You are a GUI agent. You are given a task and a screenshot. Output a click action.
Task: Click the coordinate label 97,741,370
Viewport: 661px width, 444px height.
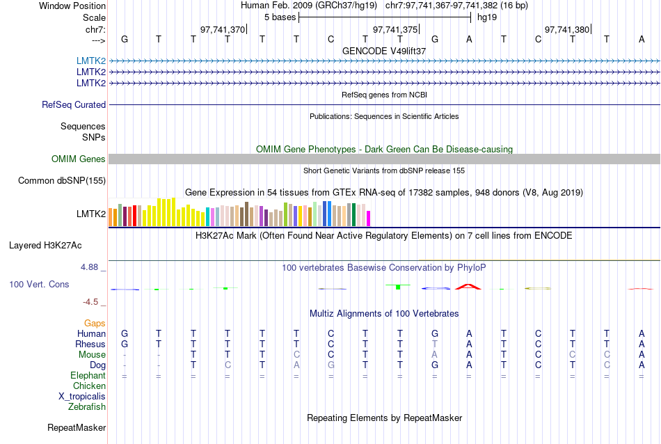pyautogui.click(x=223, y=29)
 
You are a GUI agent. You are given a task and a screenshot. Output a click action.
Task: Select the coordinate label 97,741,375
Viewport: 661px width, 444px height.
pyautogui.click(x=395, y=29)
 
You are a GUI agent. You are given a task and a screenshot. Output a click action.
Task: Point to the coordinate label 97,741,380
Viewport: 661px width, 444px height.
pyautogui.click(x=567, y=29)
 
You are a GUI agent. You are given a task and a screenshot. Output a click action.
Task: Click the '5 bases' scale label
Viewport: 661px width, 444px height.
pyautogui.click(x=280, y=17)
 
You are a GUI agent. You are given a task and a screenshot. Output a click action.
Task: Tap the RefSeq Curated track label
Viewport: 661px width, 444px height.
pyautogui.click(x=74, y=104)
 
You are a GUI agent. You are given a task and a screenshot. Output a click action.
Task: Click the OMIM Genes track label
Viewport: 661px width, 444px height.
pyautogui.click(x=79, y=159)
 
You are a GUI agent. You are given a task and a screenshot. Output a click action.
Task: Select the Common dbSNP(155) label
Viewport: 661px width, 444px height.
pyautogui.click(x=62, y=181)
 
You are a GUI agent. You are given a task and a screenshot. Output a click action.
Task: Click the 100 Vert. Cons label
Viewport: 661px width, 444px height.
pyautogui.click(x=39, y=285)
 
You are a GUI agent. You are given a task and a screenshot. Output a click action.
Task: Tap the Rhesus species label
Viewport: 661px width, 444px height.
pyautogui.click(x=90, y=344)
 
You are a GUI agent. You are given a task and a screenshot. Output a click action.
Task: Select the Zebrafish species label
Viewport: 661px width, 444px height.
pyautogui.click(x=87, y=406)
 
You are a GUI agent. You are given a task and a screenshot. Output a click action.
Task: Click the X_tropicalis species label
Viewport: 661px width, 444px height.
pyautogui.click(x=82, y=396)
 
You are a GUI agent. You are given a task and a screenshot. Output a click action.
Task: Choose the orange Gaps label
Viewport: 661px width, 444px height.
pyautogui.click(x=95, y=324)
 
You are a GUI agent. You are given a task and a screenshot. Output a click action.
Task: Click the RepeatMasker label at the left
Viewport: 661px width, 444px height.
pyautogui.click(x=77, y=427)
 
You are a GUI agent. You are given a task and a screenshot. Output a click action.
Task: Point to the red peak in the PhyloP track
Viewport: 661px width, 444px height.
pyautogui.click(x=469, y=285)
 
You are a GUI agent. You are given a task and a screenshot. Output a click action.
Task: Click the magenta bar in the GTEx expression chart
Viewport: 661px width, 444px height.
pyautogui.click(x=369, y=218)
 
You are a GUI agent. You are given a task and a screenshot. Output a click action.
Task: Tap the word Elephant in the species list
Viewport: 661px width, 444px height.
pyautogui.click(x=88, y=376)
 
